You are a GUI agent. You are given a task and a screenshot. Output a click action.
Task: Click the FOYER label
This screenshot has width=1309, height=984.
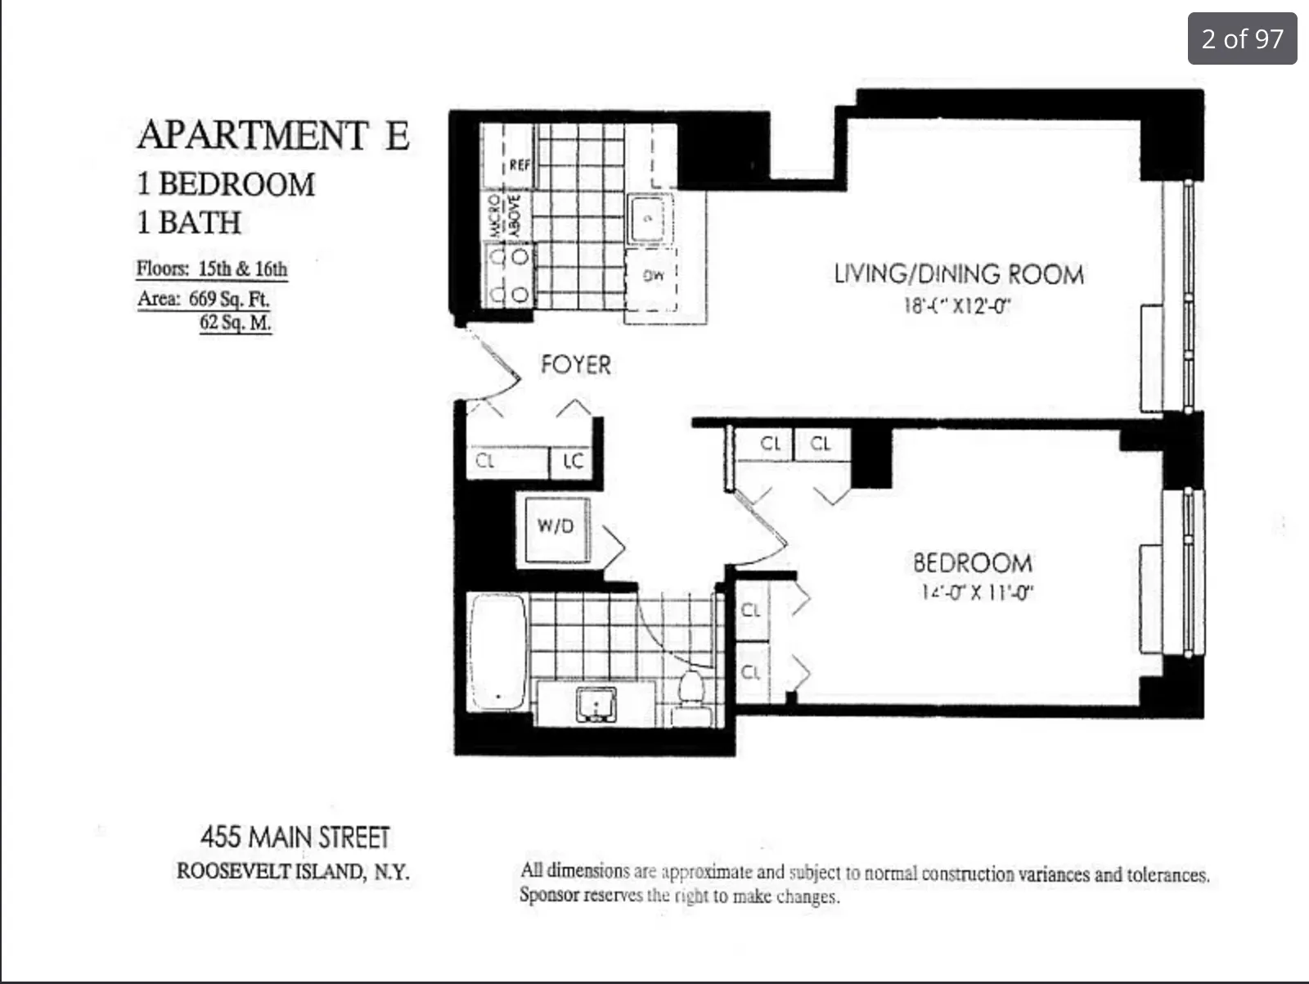pyautogui.click(x=576, y=365)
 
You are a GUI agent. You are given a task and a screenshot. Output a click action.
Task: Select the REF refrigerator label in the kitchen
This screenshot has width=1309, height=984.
pyautogui.click(x=520, y=165)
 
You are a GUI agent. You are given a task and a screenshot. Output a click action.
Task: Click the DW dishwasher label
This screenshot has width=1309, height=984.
pyautogui.click(x=653, y=277)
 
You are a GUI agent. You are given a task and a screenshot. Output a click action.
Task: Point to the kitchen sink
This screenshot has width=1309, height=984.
pyautogui.click(x=650, y=219)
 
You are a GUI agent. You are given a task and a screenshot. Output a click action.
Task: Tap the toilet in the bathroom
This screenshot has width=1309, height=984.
pyautogui.click(x=692, y=693)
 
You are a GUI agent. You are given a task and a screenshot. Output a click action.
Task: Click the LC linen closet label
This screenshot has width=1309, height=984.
pyautogui.click(x=574, y=462)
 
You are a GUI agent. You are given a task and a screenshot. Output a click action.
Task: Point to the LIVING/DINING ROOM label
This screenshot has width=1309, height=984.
pyautogui.click(x=959, y=274)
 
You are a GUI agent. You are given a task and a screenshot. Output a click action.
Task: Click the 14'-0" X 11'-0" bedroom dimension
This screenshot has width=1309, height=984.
pyautogui.click(x=974, y=592)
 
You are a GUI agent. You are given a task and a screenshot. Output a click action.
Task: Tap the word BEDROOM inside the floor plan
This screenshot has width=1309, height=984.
pyautogui.click(x=972, y=563)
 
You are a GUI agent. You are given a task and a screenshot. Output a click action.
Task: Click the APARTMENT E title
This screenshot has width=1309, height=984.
pyautogui.click(x=273, y=135)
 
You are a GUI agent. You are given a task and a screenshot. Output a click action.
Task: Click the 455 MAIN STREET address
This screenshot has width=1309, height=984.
pyautogui.click(x=295, y=837)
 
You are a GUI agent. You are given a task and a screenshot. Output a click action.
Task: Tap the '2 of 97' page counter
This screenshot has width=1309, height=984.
pyautogui.click(x=1242, y=38)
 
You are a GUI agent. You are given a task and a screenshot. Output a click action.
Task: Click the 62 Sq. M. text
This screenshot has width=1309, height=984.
pyautogui.click(x=236, y=323)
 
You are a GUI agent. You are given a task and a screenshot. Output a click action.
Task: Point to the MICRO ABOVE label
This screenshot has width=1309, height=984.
pyautogui.click(x=505, y=215)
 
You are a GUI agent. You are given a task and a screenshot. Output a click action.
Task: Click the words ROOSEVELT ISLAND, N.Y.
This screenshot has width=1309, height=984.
pyautogui.click(x=293, y=871)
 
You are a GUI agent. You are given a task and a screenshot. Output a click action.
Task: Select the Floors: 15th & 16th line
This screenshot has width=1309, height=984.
pyautogui.click(x=212, y=269)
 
